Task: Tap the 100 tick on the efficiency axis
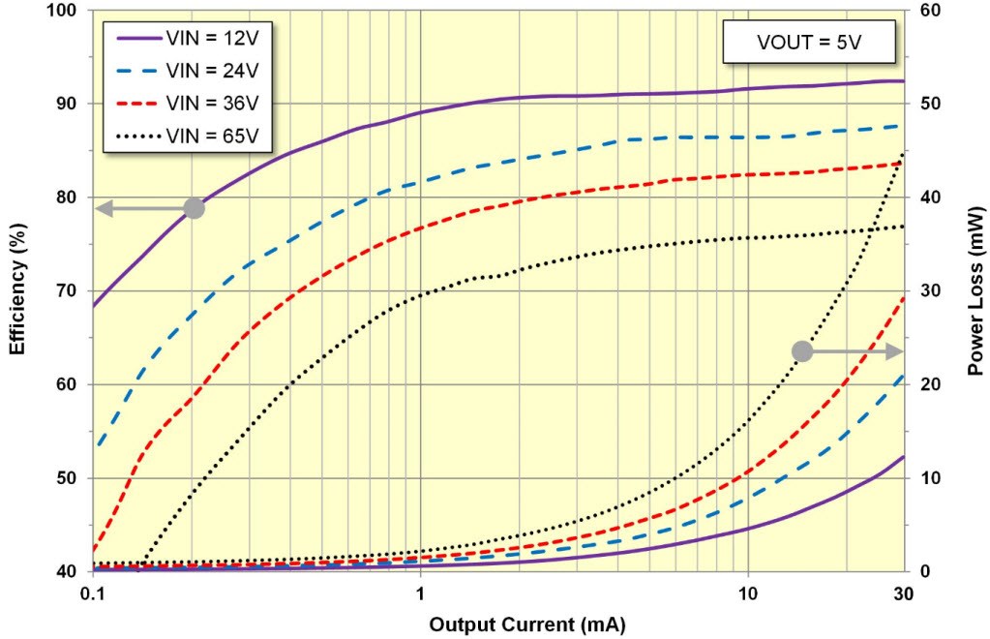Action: (69, 11)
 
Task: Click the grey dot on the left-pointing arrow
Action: (194, 208)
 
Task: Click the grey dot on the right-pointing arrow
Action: (802, 351)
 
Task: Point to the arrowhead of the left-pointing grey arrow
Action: (101, 208)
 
